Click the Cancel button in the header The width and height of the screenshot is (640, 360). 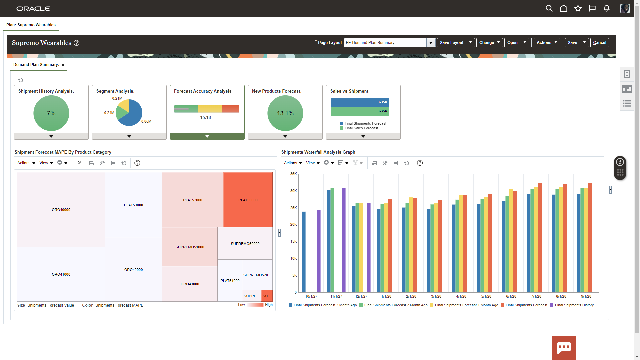tap(599, 43)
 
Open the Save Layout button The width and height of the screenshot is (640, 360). tap(451, 43)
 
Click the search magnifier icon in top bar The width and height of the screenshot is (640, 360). tap(549, 8)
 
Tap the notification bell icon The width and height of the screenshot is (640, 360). tap(607, 8)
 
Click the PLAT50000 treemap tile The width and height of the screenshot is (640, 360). tap(248, 200)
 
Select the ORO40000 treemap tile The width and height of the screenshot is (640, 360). tap(61, 210)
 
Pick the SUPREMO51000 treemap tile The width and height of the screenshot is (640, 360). tap(190, 247)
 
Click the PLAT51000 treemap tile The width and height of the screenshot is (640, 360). tap(230, 281)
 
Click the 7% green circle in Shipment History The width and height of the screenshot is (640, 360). tap(51, 113)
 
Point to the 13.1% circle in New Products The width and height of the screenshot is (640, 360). tap(285, 113)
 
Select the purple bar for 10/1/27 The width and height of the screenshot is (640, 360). tap(319, 251)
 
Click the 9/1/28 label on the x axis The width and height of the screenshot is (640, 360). tap(586, 296)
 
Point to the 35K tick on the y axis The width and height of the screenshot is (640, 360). tap(293, 174)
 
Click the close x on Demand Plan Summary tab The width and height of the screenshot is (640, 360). tap(63, 65)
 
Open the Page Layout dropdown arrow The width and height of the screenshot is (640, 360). tap(431, 43)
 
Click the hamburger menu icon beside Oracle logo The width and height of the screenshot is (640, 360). tap(8, 9)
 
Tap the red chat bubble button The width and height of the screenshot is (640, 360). tap(564, 348)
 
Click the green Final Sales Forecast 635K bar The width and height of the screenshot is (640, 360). tap(360, 111)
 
